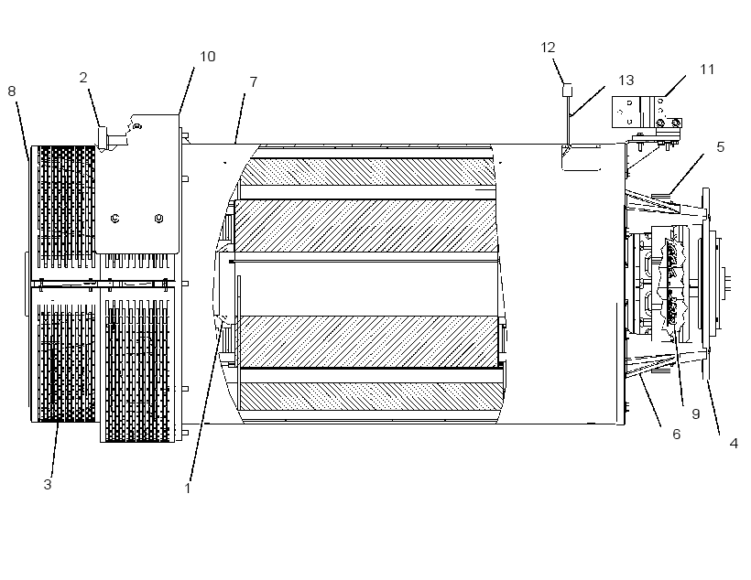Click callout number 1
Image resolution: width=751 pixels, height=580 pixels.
pyautogui.click(x=187, y=489)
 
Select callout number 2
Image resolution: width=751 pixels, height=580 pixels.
pyautogui.click(x=83, y=78)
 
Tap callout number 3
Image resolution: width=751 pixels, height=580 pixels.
pyautogui.click(x=48, y=484)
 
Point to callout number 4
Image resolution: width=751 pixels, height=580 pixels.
pyautogui.click(x=734, y=444)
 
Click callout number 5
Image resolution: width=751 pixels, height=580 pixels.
pyautogui.click(x=721, y=147)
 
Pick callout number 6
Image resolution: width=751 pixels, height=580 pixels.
pyautogui.click(x=676, y=434)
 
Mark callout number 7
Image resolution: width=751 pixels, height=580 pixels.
pyautogui.click(x=254, y=81)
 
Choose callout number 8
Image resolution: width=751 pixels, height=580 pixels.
pyautogui.click(x=12, y=91)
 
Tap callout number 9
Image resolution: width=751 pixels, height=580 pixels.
pyautogui.click(x=696, y=414)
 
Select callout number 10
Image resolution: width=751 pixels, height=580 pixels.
pyautogui.click(x=207, y=57)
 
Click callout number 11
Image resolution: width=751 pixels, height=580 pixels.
pyautogui.click(x=707, y=70)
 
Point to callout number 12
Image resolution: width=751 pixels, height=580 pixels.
pyautogui.click(x=548, y=48)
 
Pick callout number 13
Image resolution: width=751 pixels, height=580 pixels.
pyautogui.click(x=626, y=80)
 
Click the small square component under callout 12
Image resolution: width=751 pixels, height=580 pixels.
pyautogui.click(x=567, y=90)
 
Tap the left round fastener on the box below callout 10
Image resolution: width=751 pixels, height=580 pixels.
pyautogui.click(x=115, y=219)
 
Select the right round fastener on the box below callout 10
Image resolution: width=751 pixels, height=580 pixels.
pyautogui.click(x=159, y=219)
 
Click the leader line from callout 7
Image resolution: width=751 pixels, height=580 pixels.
pyautogui.click(x=239, y=119)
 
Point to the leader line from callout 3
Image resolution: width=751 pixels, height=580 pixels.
pyautogui.click(x=55, y=449)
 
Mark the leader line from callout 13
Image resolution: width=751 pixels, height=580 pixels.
pyautogui.click(x=587, y=102)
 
